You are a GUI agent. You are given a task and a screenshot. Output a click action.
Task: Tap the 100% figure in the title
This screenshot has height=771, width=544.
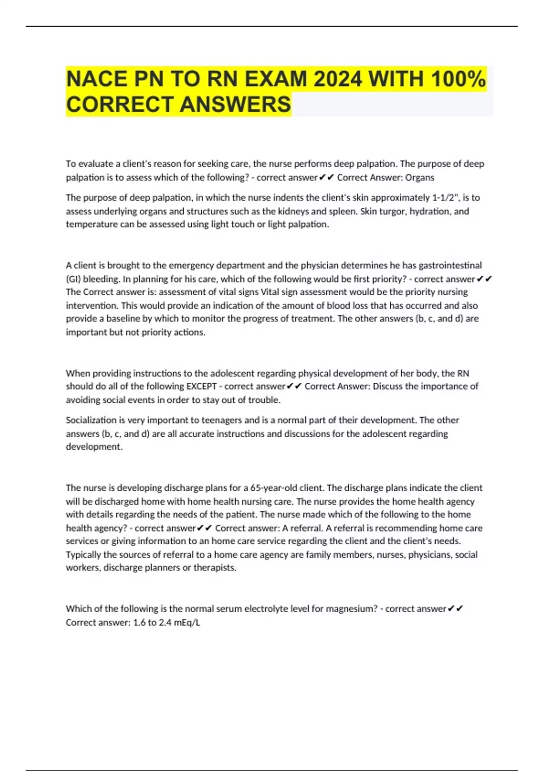click(458, 79)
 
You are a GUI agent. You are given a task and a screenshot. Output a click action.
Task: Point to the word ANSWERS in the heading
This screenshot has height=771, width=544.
click(235, 105)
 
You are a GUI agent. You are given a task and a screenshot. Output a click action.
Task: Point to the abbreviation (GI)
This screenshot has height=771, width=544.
click(73, 278)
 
